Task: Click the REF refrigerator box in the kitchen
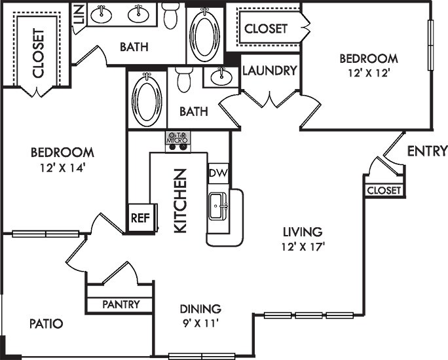[x=138, y=218]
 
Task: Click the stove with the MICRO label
[x=177, y=140]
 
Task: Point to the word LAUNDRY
[x=270, y=71]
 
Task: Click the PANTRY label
[x=120, y=304]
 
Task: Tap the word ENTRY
[x=427, y=151]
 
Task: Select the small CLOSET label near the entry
[x=383, y=190]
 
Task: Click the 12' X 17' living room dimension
[x=303, y=246]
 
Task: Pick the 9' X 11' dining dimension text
[x=201, y=323]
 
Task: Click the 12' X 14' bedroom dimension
[x=62, y=167]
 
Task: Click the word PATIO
[x=47, y=323]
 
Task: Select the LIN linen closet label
[x=79, y=14]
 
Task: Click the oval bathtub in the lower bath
[x=147, y=99]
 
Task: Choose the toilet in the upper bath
[x=171, y=16]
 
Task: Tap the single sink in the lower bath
[x=220, y=77]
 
